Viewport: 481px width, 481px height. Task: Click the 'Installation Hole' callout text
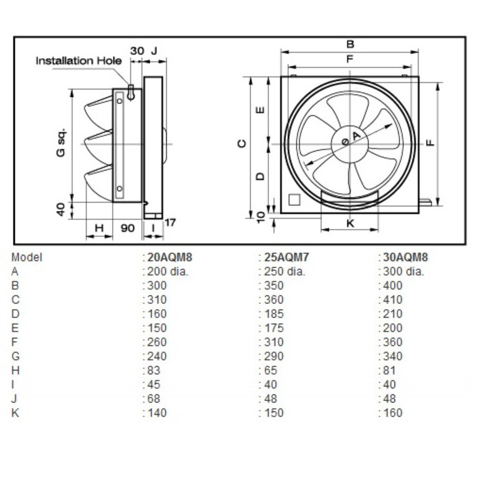pyautogui.click(x=79, y=61)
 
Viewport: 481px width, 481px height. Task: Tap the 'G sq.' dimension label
pyautogui.click(x=61, y=142)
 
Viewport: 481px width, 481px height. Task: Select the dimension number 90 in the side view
pyautogui.click(x=127, y=228)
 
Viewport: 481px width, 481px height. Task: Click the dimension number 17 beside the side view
pyautogui.click(x=170, y=222)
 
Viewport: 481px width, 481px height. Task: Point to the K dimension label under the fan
pyautogui.click(x=350, y=223)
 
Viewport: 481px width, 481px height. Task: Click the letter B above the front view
pyautogui.click(x=350, y=44)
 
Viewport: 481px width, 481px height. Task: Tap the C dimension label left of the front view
pyautogui.click(x=242, y=143)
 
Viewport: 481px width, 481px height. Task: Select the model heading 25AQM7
pyautogui.click(x=287, y=257)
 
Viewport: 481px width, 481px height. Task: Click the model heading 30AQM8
pyautogui.click(x=405, y=257)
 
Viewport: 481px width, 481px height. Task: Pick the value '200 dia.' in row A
pyautogui.click(x=168, y=272)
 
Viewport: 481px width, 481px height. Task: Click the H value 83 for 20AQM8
pyautogui.click(x=154, y=370)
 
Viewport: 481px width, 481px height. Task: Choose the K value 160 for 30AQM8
pyautogui.click(x=393, y=412)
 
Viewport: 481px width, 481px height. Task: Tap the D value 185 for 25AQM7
pyautogui.click(x=274, y=314)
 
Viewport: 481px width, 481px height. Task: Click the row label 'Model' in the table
pyautogui.click(x=27, y=257)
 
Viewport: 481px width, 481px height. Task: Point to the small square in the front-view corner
pyautogui.click(x=294, y=200)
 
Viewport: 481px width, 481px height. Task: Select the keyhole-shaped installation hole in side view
pyautogui.click(x=131, y=93)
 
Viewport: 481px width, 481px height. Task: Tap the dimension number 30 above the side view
pyautogui.click(x=137, y=51)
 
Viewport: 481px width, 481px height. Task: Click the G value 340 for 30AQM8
pyautogui.click(x=393, y=356)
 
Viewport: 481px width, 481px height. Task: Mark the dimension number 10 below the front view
pyautogui.click(x=261, y=217)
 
